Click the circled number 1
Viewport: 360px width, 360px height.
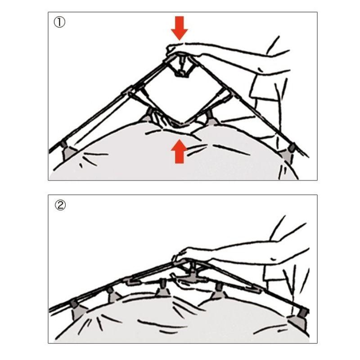coord(59,22)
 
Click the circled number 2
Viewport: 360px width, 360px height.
coord(60,205)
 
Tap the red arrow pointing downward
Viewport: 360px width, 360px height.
coord(180,28)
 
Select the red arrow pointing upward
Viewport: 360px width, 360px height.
coord(179,152)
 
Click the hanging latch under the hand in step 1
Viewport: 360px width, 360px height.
coord(182,67)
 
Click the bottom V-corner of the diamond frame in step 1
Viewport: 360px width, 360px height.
coord(180,125)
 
